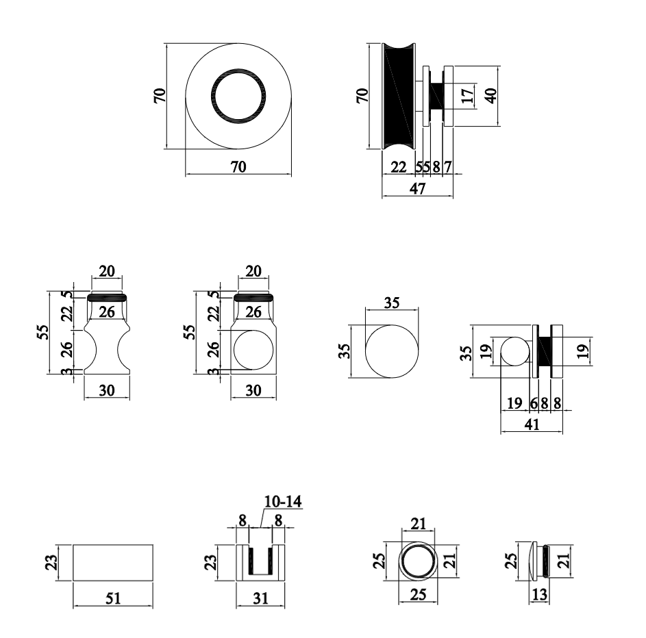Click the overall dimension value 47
(417, 189)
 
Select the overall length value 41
(532, 425)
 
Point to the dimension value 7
(447, 166)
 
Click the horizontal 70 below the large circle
(238, 166)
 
